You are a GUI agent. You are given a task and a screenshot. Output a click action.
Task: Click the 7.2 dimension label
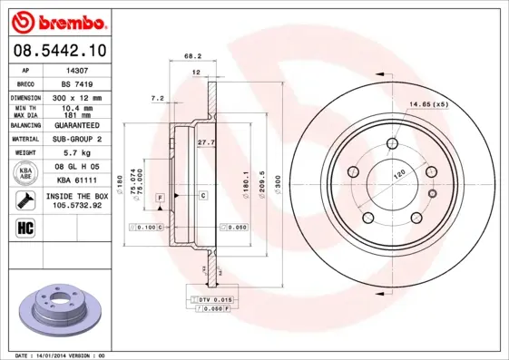pyautogui.click(x=157, y=97)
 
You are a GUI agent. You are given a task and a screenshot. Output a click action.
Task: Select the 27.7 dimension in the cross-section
pyautogui.click(x=205, y=141)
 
